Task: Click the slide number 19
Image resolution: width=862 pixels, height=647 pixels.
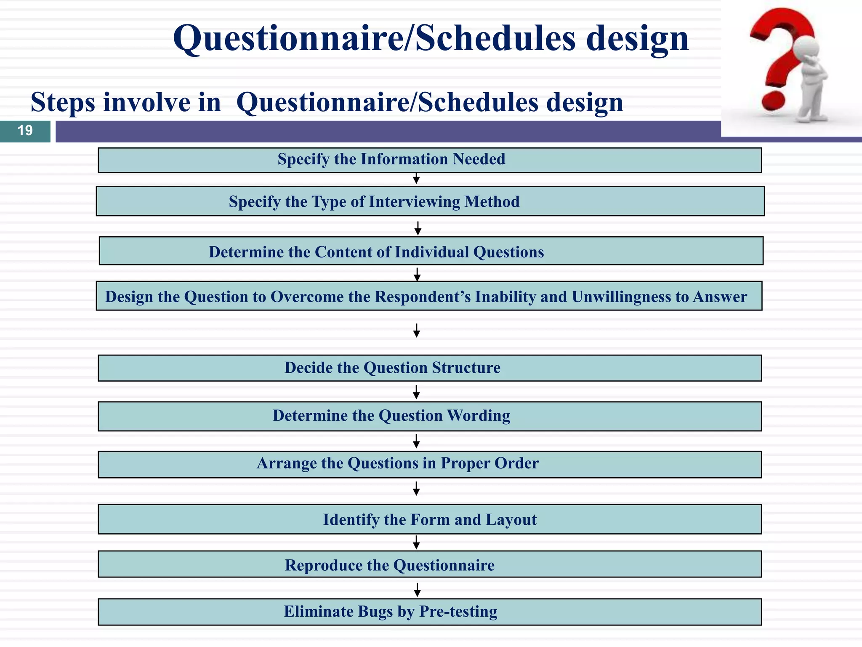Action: click(x=25, y=131)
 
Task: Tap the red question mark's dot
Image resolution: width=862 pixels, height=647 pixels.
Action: click(x=773, y=100)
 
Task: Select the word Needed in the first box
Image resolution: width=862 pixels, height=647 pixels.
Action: click(x=479, y=159)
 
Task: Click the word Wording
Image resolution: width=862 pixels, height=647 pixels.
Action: click(x=479, y=416)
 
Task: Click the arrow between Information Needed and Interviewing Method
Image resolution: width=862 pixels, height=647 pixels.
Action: click(x=416, y=179)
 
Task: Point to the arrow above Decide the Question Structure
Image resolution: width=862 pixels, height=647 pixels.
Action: click(x=416, y=331)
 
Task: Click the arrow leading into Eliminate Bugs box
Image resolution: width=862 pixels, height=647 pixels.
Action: click(x=417, y=590)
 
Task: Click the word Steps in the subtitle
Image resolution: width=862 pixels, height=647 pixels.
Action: click(x=63, y=102)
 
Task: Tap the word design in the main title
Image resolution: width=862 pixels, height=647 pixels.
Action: click(x=637, y=39)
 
